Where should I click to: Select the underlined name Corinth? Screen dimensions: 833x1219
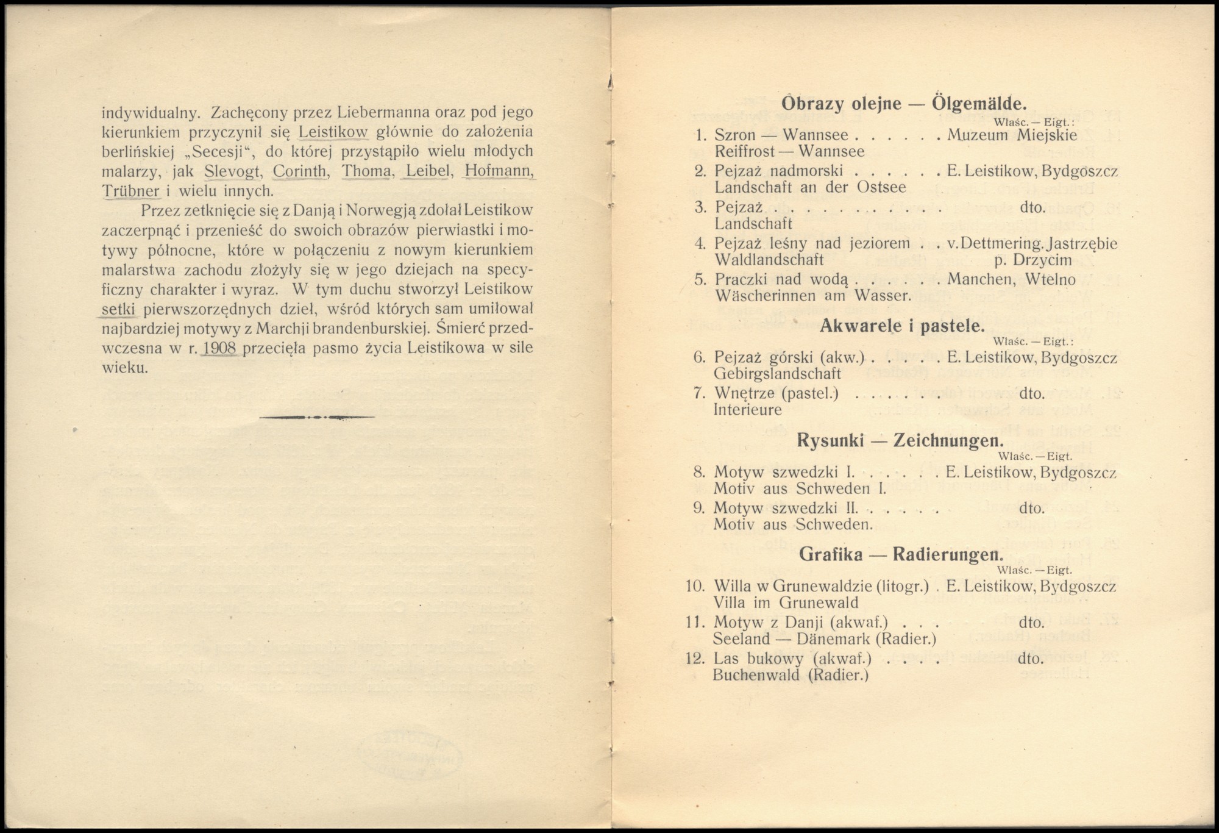[300, 172]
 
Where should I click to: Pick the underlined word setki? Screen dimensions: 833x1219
[120, 309]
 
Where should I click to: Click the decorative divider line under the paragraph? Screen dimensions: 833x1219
[317, 418]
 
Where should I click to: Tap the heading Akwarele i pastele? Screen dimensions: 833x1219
[902, 326]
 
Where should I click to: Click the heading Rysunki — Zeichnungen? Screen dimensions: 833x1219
[900, 441]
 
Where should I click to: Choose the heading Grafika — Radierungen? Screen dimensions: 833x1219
[901, 555]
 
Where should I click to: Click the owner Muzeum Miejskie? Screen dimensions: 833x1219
[1012, 135]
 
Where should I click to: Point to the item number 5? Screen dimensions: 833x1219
[700, 280]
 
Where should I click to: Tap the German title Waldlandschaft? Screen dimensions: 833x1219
[769, 260]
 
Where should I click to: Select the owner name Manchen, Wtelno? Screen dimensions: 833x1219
[1011, 280]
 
